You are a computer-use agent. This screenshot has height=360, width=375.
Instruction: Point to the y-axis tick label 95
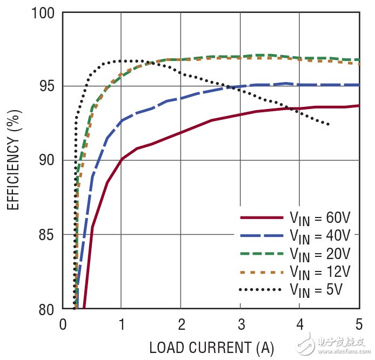click(48, 86)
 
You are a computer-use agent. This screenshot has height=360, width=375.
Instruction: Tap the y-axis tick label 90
click(48, 161)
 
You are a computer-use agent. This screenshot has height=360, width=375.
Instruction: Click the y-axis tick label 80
click(48, 309)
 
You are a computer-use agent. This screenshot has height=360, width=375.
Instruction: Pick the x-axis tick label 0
click(63, 325)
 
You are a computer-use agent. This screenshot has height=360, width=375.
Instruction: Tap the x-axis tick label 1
click(122, 325)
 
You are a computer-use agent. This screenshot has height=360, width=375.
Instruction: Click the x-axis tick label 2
click(181, 325)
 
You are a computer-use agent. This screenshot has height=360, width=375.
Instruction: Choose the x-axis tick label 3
click(240, 325)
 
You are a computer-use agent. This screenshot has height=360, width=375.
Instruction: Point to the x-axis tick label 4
click(300, 325)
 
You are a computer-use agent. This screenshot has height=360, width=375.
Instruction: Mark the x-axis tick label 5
click(359, 325)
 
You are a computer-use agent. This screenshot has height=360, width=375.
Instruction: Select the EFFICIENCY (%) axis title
click(14, 161)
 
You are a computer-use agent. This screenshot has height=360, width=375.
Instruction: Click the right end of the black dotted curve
click(329, 125)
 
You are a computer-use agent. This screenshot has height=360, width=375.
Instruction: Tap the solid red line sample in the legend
click(262, 218)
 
